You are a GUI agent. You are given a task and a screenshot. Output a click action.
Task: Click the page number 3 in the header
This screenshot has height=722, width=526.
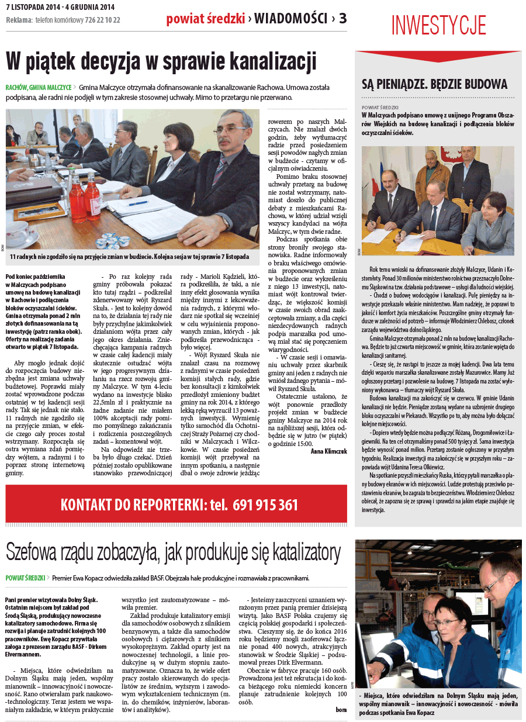coord(342,19)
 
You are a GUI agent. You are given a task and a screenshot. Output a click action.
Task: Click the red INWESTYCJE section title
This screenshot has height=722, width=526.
coord(438,26)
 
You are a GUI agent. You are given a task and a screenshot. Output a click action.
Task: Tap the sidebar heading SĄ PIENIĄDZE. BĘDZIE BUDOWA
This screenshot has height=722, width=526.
coord(434,84)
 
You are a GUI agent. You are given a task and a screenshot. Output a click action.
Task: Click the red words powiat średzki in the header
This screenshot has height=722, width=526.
coord(205,19)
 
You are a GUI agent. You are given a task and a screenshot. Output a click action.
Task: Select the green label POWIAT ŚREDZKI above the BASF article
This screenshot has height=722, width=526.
coord(25,578)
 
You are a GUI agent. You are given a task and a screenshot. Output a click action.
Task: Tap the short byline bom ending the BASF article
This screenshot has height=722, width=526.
coord(341,709)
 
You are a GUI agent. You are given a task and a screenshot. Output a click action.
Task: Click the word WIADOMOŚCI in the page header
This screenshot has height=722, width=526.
coord(290,19)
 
